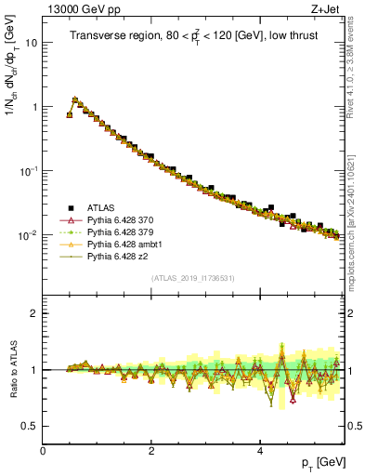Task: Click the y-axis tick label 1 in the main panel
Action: click(34, 107)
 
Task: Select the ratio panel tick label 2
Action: click(34, 313)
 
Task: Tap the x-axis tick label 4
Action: click(259, 450)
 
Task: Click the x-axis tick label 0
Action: click(43, 450)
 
